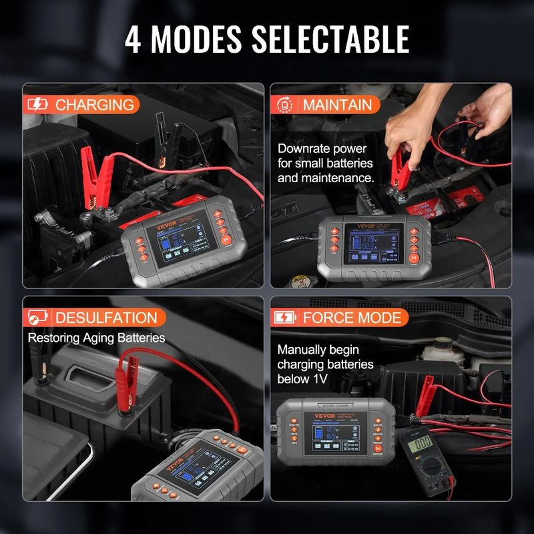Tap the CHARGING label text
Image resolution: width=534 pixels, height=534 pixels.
pyautogui.click(x=94, y=105)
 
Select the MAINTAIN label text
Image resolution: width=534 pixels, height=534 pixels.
pyautogui.click(x=337, y=105)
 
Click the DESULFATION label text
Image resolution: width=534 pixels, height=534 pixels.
pyautogui.click(x=106, y=318)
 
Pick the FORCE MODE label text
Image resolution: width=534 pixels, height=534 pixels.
pyautogui.click(x=352, y=317)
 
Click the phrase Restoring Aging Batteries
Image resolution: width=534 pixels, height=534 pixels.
pyautogui.click(x=96, y=338)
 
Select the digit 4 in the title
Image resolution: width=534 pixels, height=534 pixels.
pyautogui.click(x=136, y=39)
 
